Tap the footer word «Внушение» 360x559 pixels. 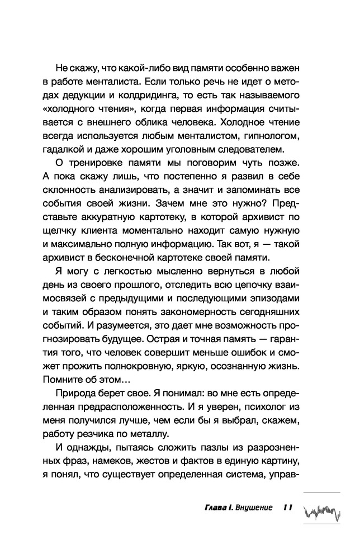coord(254,508)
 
